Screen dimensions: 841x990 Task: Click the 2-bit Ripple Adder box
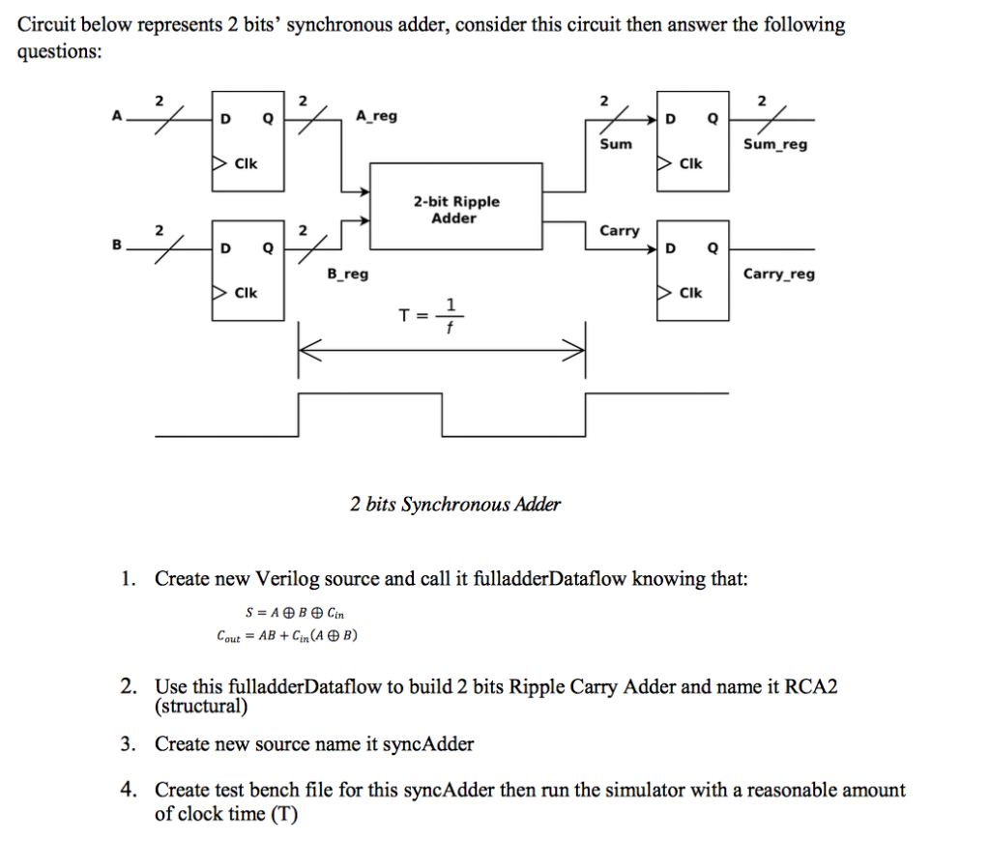(456, 209)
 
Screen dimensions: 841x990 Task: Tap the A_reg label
(376, 117)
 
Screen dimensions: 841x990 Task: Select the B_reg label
(348, 274)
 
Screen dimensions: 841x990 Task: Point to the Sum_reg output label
(775, 144)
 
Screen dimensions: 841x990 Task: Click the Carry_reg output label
(778, 274)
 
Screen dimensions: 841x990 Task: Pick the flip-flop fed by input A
(247, 139)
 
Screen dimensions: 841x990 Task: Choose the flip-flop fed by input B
(247, 269)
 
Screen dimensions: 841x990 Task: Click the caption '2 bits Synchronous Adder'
(455, 504)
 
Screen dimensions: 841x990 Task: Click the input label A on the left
(117, 117)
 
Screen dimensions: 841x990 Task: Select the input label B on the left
(117, 246)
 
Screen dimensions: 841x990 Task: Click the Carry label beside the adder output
(620, 230)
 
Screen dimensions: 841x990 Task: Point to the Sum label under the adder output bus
(616, 144)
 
